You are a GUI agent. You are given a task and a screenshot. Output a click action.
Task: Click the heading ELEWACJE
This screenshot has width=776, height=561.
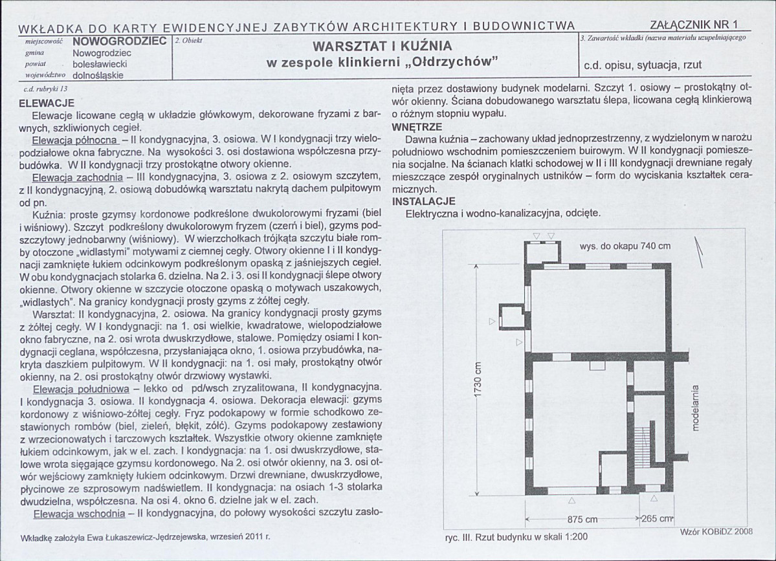pos(47,103)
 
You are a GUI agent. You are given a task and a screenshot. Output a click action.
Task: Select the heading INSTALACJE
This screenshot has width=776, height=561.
pos(424,202)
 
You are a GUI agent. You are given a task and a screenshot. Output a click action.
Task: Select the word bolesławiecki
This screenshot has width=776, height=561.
pos(100,64)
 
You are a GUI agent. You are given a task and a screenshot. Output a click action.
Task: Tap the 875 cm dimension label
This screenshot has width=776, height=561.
pos(582,520)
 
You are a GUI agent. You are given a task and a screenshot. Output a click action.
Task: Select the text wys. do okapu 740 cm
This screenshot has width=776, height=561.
pos(625,246)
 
